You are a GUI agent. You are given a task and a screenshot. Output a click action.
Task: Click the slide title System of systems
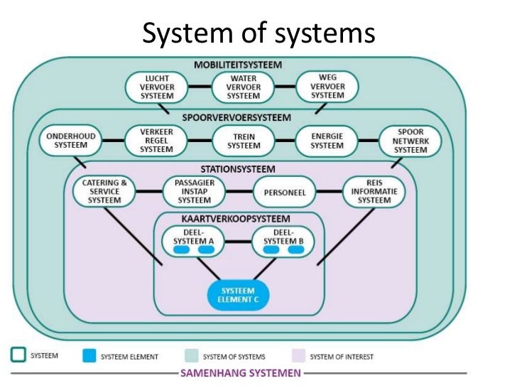point(258,31)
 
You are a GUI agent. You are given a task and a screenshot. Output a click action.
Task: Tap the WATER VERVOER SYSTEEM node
point(243,87)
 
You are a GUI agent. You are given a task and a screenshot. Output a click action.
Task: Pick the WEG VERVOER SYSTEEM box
point(327,87)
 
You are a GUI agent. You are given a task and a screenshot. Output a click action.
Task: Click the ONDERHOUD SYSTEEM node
point(71,139)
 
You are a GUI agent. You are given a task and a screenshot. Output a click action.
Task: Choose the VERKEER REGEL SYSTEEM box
point(156,139)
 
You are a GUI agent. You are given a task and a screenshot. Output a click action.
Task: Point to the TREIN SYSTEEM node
point(243,139)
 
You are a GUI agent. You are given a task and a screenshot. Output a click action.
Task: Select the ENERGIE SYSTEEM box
point(327,139)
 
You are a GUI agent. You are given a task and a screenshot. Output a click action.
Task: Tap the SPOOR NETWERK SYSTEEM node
point(410,139)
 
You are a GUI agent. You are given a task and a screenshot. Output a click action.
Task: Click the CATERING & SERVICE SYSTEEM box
point(104,191)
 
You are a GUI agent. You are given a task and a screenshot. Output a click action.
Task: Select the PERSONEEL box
point(284,192)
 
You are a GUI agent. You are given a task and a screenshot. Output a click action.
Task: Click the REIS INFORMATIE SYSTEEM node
point(374,191)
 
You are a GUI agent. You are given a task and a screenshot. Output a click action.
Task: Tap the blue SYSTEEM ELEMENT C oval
point(239,295)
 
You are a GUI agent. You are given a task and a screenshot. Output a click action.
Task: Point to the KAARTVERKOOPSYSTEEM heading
point(240,218)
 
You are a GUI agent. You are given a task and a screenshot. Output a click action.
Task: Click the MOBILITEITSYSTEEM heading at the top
point(238,65)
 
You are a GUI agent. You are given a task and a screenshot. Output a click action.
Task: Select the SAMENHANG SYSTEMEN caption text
point(242,373)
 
